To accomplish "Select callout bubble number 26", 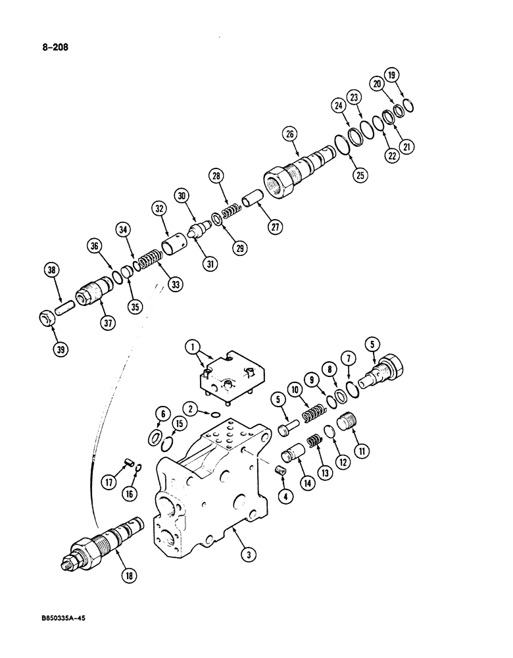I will pos(289,136).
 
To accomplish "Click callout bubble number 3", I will pos(247,556).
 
